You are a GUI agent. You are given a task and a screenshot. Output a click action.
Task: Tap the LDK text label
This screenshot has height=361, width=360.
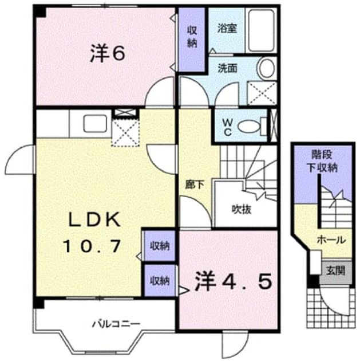click(94, 220)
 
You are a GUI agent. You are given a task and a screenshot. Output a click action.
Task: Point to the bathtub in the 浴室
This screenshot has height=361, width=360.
click(262, 30)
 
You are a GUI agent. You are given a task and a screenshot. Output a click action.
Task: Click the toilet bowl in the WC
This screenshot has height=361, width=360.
click(248, 127)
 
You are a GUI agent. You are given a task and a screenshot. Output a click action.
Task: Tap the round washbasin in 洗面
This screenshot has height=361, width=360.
click(267, 68)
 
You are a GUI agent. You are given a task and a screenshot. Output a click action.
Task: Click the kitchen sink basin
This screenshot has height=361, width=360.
click(95, 123)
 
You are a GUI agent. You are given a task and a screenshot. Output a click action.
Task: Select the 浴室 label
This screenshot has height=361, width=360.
click(227, 28)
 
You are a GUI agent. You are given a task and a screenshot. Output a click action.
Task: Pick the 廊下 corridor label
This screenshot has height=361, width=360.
click(195, 185)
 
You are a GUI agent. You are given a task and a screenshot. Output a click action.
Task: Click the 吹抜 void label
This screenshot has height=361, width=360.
click(241, 209)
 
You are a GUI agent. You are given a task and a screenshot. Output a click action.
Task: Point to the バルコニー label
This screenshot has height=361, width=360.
click(116, 324)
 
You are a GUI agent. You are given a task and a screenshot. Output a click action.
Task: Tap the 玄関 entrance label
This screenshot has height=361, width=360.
click(335, 270)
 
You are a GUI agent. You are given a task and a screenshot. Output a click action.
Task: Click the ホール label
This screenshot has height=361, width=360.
click(331, 240)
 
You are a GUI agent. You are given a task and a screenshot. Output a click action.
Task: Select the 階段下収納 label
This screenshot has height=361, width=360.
click(322, 161)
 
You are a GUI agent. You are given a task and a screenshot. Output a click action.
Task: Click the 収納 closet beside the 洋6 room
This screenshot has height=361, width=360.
click(192, 39)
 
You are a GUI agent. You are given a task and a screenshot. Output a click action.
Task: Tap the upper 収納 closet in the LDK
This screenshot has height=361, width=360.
click(160, 246)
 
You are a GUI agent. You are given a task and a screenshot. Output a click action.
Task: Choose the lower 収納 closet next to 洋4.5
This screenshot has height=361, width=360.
click(160, 280)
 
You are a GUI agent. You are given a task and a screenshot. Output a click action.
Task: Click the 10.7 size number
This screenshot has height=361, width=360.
click(92, 246)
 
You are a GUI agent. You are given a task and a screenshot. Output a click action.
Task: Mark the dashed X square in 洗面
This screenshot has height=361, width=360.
click(262, 93)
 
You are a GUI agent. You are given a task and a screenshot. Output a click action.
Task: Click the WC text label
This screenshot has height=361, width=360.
click(227, 128)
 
